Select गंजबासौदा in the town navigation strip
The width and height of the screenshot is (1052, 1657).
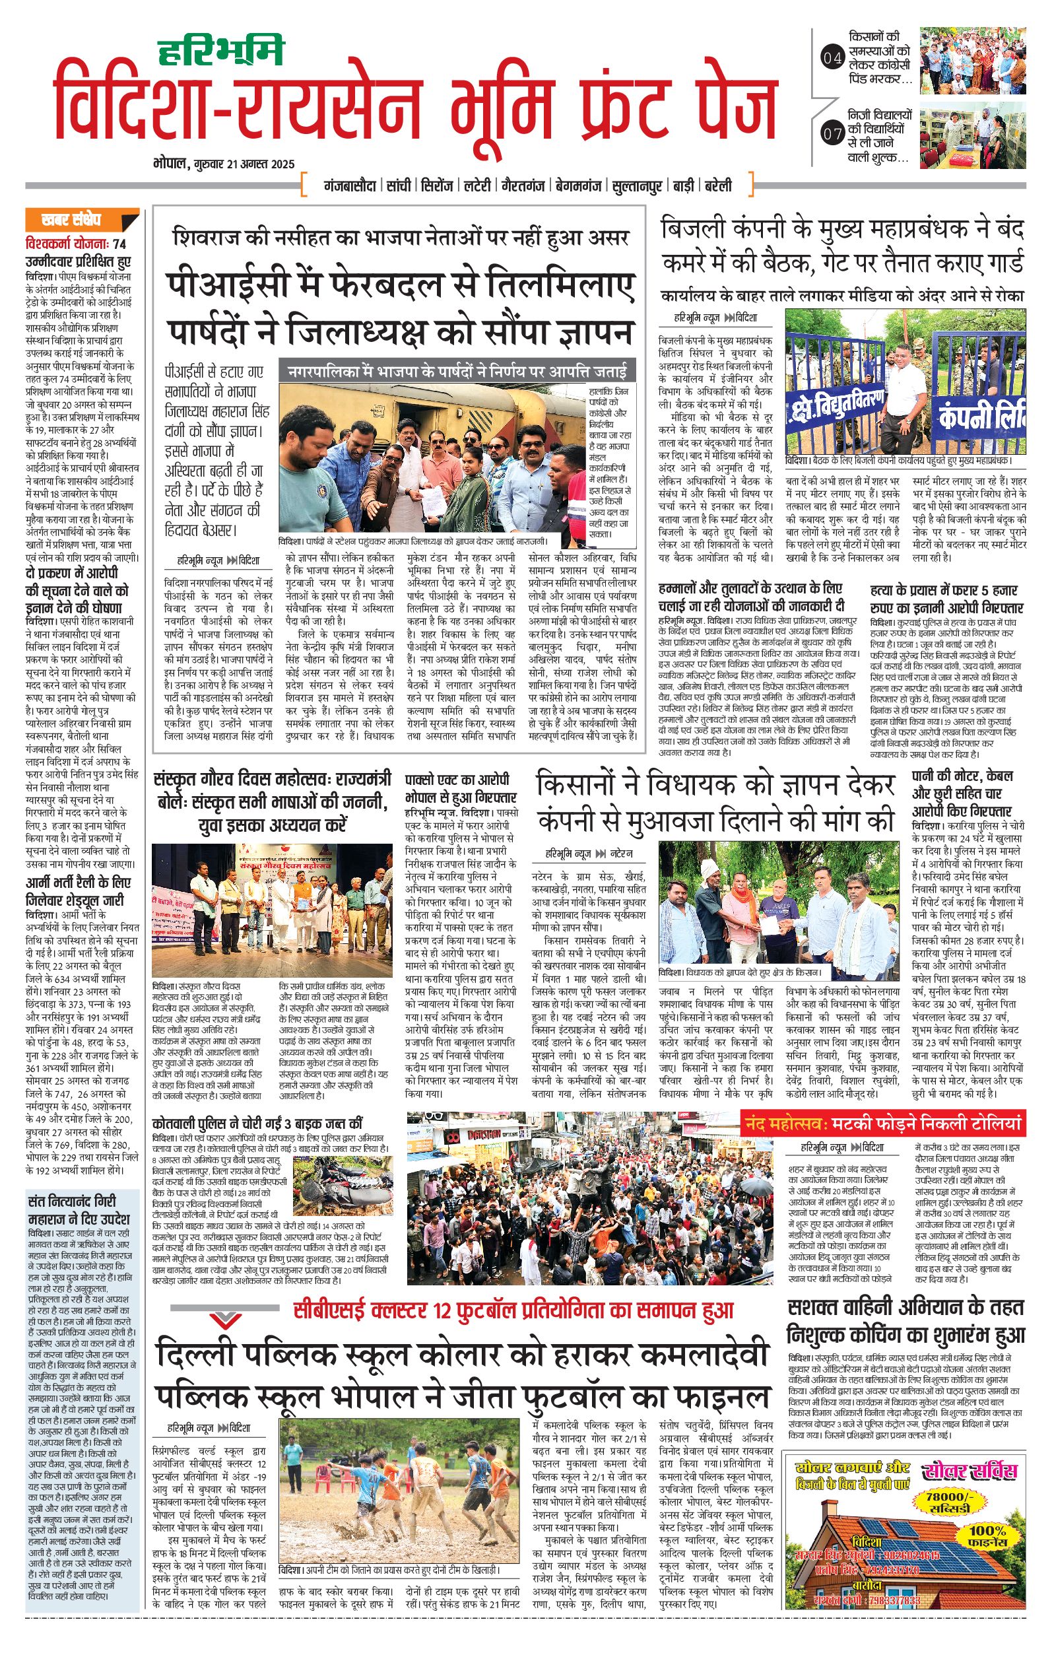coord(350,186)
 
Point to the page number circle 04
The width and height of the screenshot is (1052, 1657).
coord(832,59)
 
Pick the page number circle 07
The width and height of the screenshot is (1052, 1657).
coord(832,134)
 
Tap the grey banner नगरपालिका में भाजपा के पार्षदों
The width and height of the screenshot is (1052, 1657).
coord(457,372)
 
